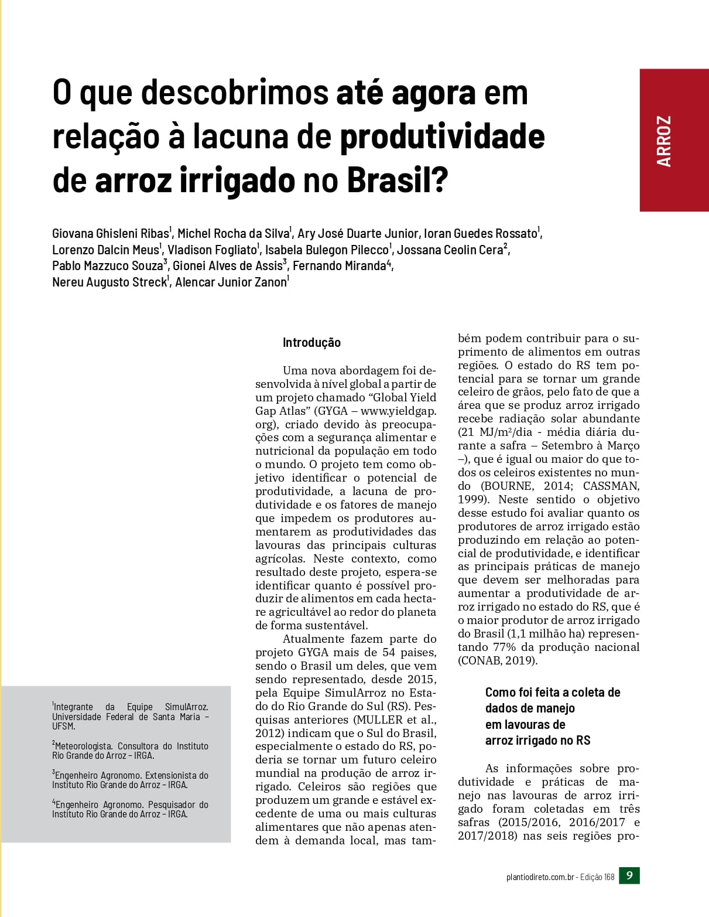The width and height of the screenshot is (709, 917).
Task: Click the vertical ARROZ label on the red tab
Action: coord(664,141)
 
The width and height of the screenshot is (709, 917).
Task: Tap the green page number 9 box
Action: coord(629,876)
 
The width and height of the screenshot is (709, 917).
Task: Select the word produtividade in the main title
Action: coord(442,137)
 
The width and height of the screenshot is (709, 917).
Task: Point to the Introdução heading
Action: coord(311,343)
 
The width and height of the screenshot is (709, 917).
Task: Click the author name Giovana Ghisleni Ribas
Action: coord(110,234)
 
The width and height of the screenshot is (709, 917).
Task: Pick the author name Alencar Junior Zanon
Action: coord(231,282)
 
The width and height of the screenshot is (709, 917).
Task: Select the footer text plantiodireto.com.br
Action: coord(539,877)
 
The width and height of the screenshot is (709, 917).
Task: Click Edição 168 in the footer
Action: coord(597,877)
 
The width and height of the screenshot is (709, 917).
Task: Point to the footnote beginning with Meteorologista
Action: coord(130,751)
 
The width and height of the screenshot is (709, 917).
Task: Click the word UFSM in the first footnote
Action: coord(63,727)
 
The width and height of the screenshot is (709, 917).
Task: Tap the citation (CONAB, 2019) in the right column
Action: coord(497,660)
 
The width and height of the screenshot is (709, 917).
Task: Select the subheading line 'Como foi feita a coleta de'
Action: coord(553,693)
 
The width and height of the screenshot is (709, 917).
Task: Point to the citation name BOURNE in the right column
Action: coord(507,486)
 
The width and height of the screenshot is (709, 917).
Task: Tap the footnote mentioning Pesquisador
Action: coord(130,809)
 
